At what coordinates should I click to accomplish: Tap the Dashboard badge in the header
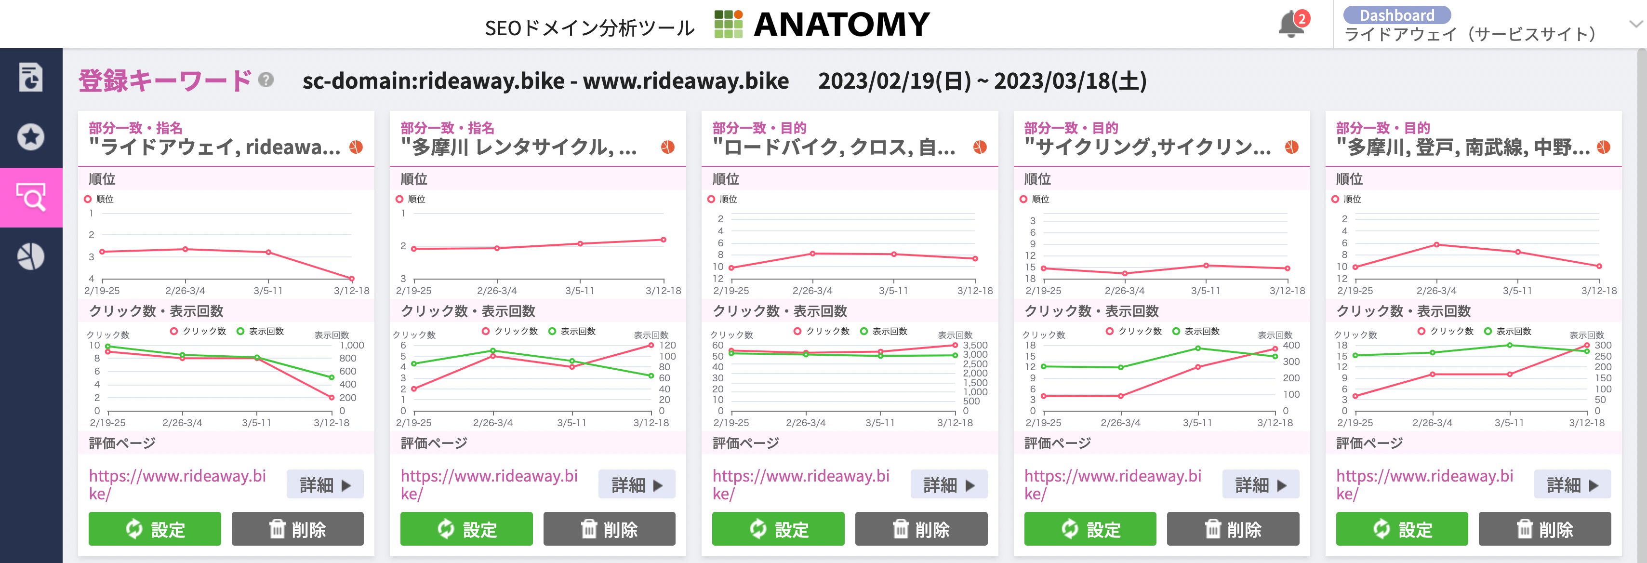[x=1396, y=15]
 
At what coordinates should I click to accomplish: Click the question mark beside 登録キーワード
[x=266, y=80]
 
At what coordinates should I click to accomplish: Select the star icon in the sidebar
[x=31, y=136]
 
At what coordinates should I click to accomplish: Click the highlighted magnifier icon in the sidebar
[x=31, y=197]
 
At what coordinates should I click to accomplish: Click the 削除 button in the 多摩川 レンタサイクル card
[x=609, y=529]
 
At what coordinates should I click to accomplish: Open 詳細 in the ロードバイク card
[x=949, y=484]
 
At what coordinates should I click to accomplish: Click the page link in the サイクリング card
[x=1113, y=484]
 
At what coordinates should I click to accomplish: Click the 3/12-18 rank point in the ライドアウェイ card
[x=352, y=278]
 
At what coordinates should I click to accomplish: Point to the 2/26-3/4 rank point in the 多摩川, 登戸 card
[x=1436, y=244]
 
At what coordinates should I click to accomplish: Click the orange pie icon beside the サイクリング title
[x=1291, y=147]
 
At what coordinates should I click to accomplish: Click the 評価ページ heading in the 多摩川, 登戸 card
[x=1369, y=442]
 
